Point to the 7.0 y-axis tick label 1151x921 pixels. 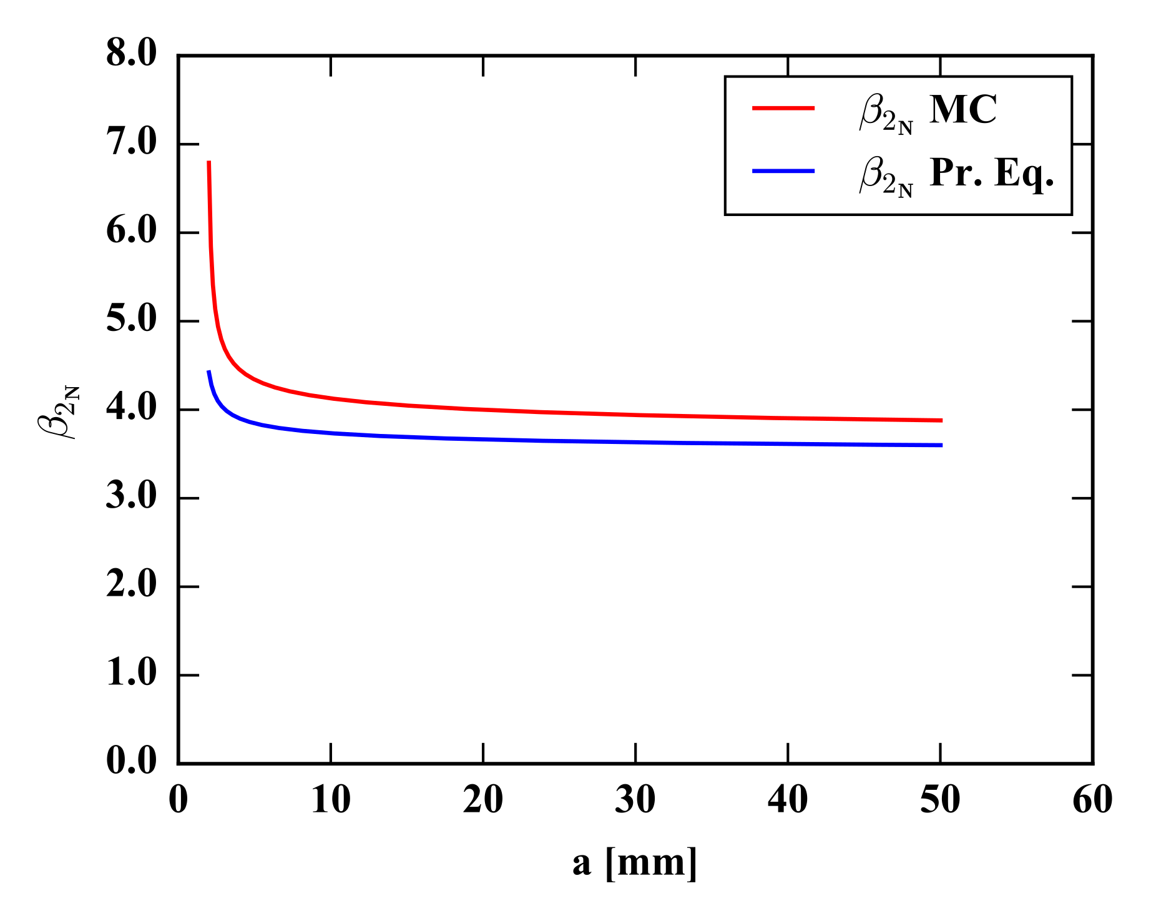[x=131, y=143]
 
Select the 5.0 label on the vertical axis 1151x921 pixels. [x=131, y=320]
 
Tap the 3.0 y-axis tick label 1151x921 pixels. [x=131, y=498]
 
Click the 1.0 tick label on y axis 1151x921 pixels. [x=131, y=674]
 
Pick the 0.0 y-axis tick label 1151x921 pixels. [x=131, y=762]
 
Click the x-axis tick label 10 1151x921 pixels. [x=330, y=800]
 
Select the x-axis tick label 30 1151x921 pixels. [x=635, y=800]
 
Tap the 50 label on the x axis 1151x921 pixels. [x=940, y=800]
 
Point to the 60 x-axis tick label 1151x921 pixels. [x=1092, y=800]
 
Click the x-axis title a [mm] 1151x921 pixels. [x=635, y=864]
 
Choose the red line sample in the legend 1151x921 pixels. [x=783, y=108]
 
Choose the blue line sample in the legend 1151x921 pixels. [x=783, y=171]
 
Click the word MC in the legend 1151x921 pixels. [x=963, y=111]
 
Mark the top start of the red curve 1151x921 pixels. [x=208, y=162]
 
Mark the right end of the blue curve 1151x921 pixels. [x=941, y=445]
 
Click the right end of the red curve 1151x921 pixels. [x=941, y=421]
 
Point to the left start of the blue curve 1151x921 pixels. [x=208, y=372]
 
